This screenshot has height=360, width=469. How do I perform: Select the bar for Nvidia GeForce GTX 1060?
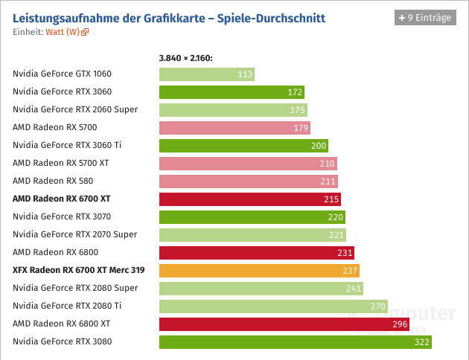point(206,74)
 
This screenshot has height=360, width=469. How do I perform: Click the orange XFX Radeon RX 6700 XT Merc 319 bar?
point(259,271)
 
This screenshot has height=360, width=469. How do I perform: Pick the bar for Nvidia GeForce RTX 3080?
point(295,342)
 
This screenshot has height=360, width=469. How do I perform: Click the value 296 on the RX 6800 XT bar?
point(400,324)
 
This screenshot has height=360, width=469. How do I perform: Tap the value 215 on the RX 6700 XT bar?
point(331,199)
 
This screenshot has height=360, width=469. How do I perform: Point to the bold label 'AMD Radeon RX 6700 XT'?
point(62,199)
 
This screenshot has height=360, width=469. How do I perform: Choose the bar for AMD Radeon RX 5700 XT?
point(248,163)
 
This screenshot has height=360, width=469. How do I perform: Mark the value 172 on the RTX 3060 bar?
point(295,92)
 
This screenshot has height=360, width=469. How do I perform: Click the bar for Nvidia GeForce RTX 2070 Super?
point(252,235)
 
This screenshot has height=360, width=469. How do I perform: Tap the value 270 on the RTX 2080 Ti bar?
point(378,306)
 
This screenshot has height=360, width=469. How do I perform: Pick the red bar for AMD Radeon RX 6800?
point(256,253)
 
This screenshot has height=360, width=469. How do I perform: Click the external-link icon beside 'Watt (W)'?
point(86,32)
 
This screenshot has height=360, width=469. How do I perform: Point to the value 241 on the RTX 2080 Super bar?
point(354,289)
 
